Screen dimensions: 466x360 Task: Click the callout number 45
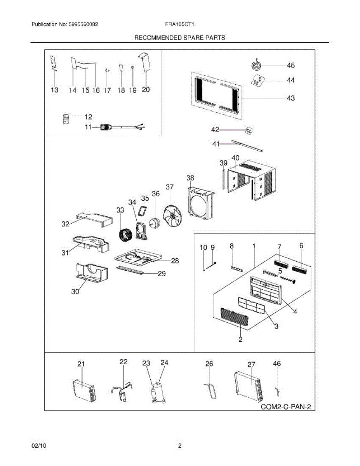(x=291, y=65)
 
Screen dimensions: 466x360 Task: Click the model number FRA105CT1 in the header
(x=179, y=24)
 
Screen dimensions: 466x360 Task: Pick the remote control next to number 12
(x=66, y=119)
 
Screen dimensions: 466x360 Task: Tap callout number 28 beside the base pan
(x=175, y=261)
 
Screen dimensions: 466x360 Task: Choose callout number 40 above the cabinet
(x=235, y=158)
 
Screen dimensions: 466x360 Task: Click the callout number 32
(x=65, y=224)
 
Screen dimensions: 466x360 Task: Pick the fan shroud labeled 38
(x=201, y=205)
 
